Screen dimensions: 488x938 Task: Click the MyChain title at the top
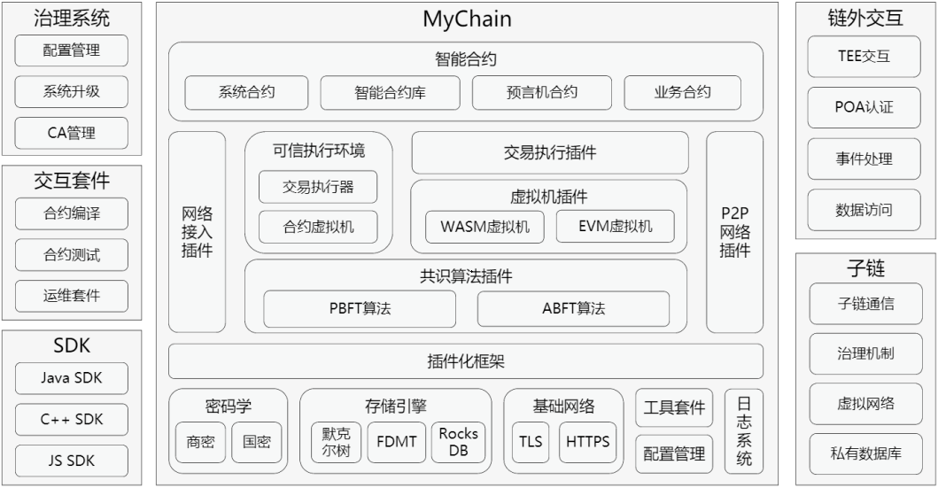pos(467,19)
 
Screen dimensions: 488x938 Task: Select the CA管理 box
pos(71,134)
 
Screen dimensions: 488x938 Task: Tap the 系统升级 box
pos(71,92)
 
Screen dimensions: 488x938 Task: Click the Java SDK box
pos(71,378)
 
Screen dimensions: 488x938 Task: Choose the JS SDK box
pos(71,461)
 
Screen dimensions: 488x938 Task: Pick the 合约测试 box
pos(71,255)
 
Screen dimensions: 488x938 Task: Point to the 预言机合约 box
pos(542,92)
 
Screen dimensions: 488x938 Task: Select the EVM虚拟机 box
pos(615,227)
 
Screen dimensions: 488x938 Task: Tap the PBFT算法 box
pos(360,309)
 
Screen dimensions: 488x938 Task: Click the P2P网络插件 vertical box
pos(734,231)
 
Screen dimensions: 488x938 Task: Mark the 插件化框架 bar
pos(467,361)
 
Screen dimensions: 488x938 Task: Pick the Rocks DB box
pos(458,441)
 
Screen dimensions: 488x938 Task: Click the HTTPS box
pos(588,441)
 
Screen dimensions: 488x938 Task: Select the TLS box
pos(531,441)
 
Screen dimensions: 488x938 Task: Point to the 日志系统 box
pos(744,430)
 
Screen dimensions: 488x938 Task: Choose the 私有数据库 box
pos(864,454)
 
